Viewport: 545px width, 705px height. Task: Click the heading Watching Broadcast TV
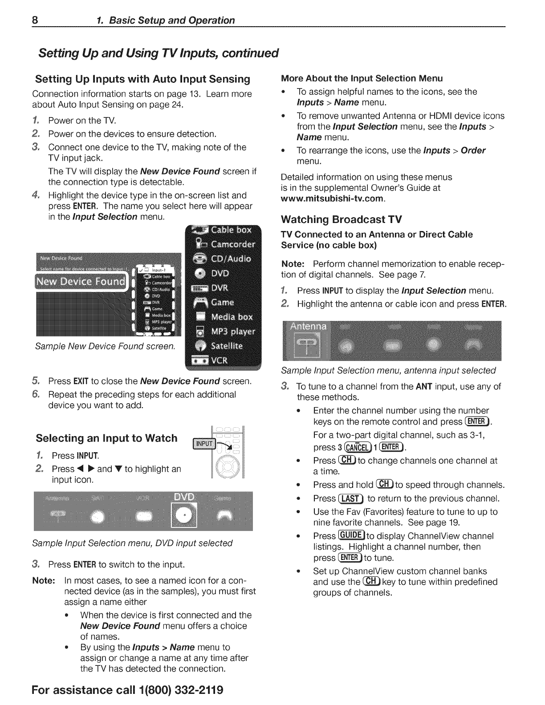click(x=342, y=219)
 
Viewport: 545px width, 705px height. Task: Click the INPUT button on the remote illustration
click(x=204, y=444)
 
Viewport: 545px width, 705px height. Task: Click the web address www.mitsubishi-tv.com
click(x=332, y=199)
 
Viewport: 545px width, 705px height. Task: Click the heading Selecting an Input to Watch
click(x=106, y=438)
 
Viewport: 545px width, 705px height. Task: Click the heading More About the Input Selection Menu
click(x=362, y=79)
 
